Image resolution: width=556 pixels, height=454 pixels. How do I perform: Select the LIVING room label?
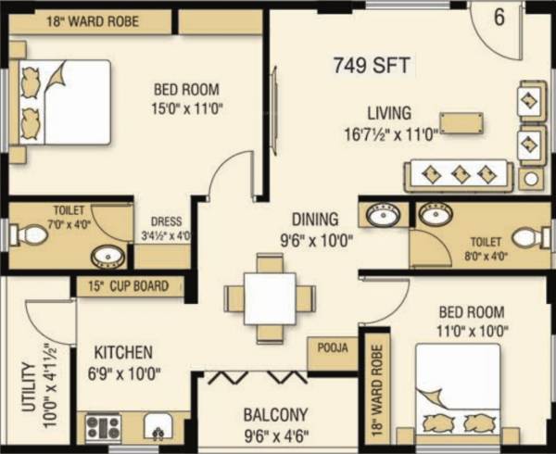(x=388, y=113)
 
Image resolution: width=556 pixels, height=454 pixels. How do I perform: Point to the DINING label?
(x=315, y=220)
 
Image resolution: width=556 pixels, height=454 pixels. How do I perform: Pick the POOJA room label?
(x=332, y=348)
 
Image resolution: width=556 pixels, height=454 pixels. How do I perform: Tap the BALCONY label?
(x=276, y=414)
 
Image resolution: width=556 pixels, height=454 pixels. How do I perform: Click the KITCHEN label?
(x=123, y=352)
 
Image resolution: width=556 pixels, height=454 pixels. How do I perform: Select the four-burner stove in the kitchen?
(x=103, y=427)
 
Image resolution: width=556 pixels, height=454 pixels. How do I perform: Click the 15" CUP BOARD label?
(x=128, y=286)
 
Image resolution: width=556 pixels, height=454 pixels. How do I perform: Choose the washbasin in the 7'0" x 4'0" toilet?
(x=109, y=255)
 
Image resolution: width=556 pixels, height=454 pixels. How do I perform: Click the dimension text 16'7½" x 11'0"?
(x=389, y=133)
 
